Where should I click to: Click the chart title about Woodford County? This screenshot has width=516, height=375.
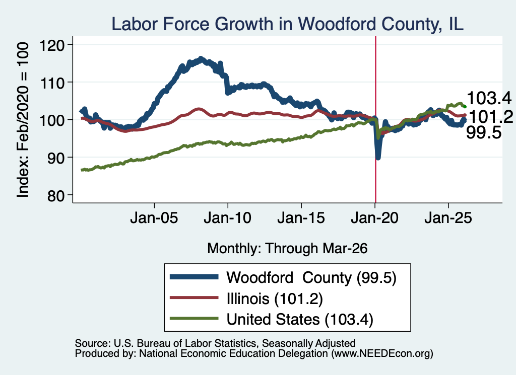click(287, 24)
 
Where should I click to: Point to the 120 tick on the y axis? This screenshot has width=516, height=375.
click(52, 45)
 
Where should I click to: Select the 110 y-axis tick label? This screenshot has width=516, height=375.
click(52, 83)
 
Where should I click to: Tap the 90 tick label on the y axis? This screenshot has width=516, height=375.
click(55, 158)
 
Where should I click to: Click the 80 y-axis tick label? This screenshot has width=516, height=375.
click(55, 195)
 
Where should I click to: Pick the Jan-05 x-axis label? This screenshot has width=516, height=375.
click(154, 217)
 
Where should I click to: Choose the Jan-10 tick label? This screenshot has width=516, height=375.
click(227, 217)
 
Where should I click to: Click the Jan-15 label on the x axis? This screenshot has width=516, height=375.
click(301, 217)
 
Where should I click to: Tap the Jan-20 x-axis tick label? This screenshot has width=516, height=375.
click(375, 217)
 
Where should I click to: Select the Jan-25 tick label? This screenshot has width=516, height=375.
click(448, 217)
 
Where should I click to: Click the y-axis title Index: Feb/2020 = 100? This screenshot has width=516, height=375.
click(23, 120)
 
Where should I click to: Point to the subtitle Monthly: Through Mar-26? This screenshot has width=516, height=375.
click(287, 249)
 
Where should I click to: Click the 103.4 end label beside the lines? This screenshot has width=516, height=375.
click(489, 98)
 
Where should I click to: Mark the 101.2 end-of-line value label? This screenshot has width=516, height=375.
click(490, 117)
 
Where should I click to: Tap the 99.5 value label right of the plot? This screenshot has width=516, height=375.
click(484, 133)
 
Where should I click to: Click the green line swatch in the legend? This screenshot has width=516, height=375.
click(194, 318)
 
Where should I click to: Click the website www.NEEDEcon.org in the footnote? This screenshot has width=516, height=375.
click(382, 354)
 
